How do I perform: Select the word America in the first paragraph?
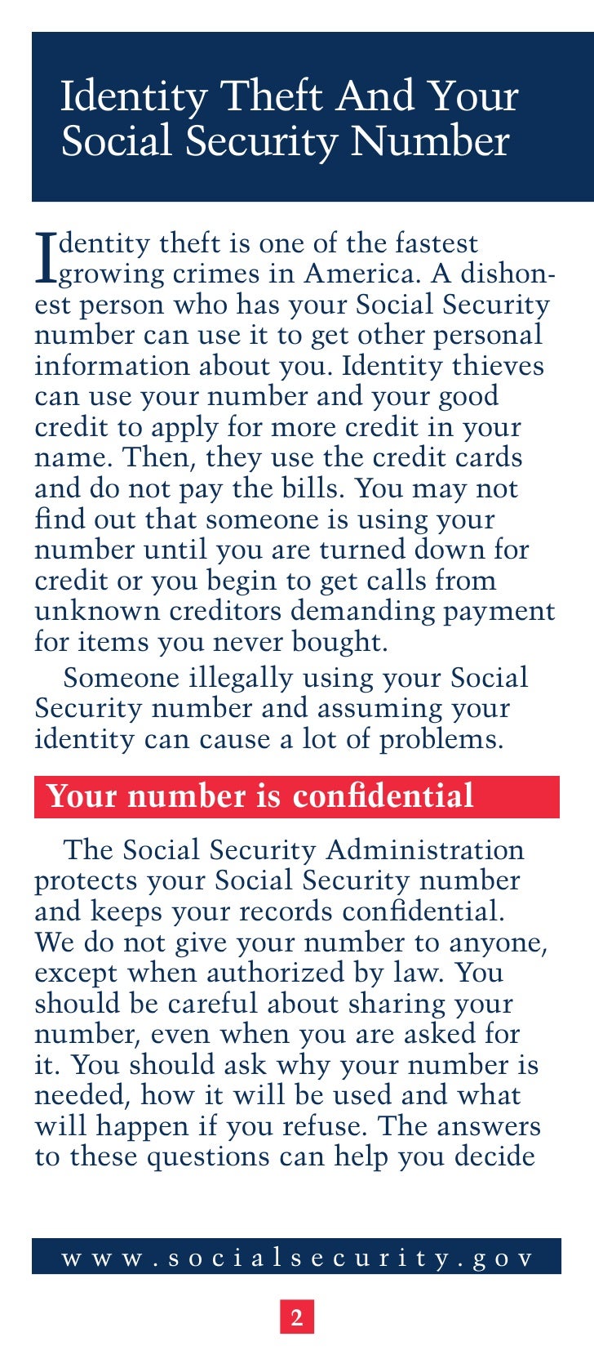[363, 274]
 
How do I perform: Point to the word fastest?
[437, 243]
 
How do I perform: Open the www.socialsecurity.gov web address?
[297, 1258]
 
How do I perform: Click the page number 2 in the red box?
[297, 1317]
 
